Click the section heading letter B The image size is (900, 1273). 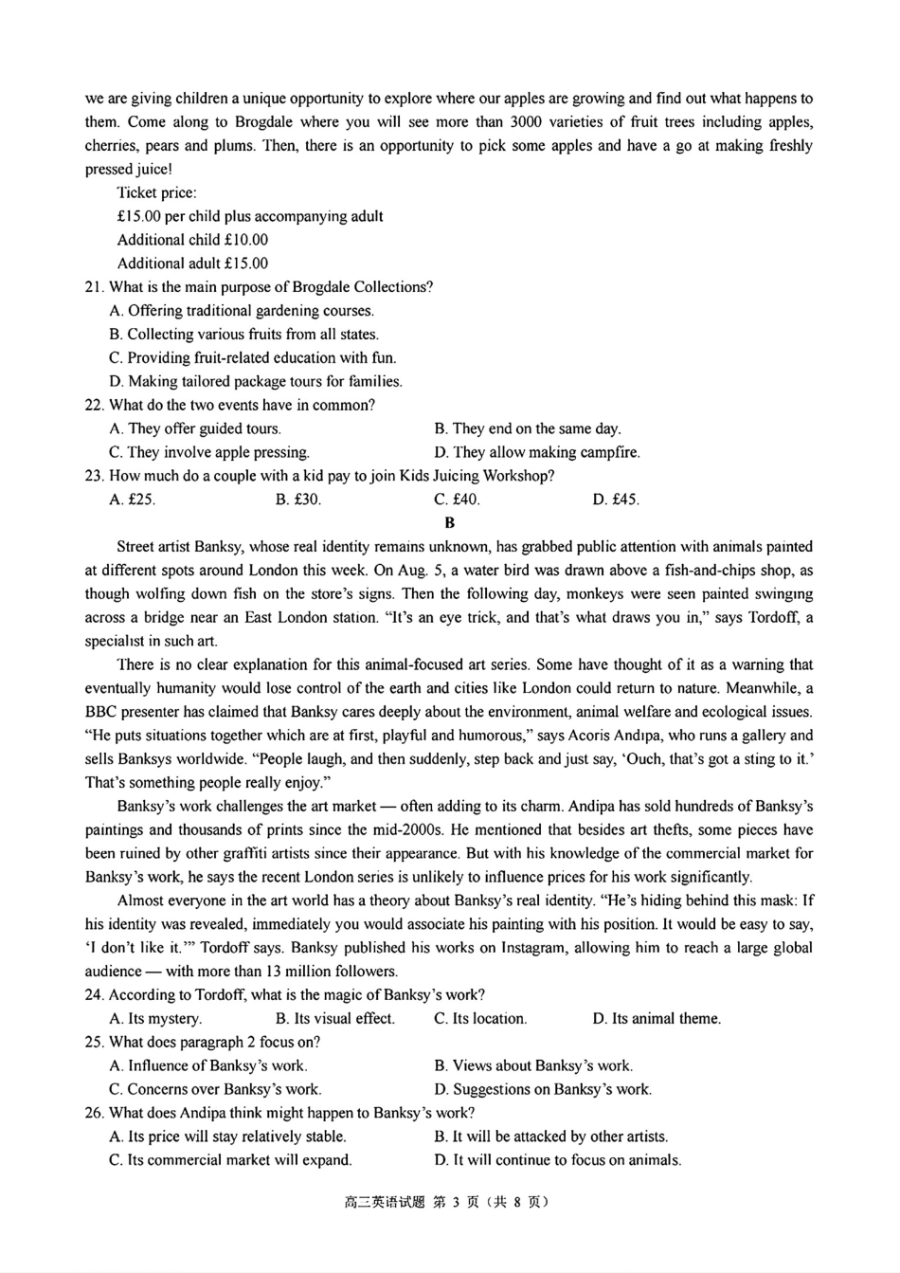(x=449, y=522)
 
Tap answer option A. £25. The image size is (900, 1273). (x=133, y=500)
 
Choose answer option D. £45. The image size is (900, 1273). (x=616, y=500)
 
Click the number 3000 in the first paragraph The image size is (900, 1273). (x=526, y=122)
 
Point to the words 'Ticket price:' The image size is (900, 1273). (x=157, y=192)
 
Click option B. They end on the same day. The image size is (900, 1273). (x=528, y=428)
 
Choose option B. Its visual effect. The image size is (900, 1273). (x=335, y=1018)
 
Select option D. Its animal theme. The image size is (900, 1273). (x=657, y=1018)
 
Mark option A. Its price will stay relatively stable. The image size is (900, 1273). (x=227, y=1136)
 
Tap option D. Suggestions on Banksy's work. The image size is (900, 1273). (x=543, y=1089)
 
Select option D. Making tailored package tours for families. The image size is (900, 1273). (x=256, y=381)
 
